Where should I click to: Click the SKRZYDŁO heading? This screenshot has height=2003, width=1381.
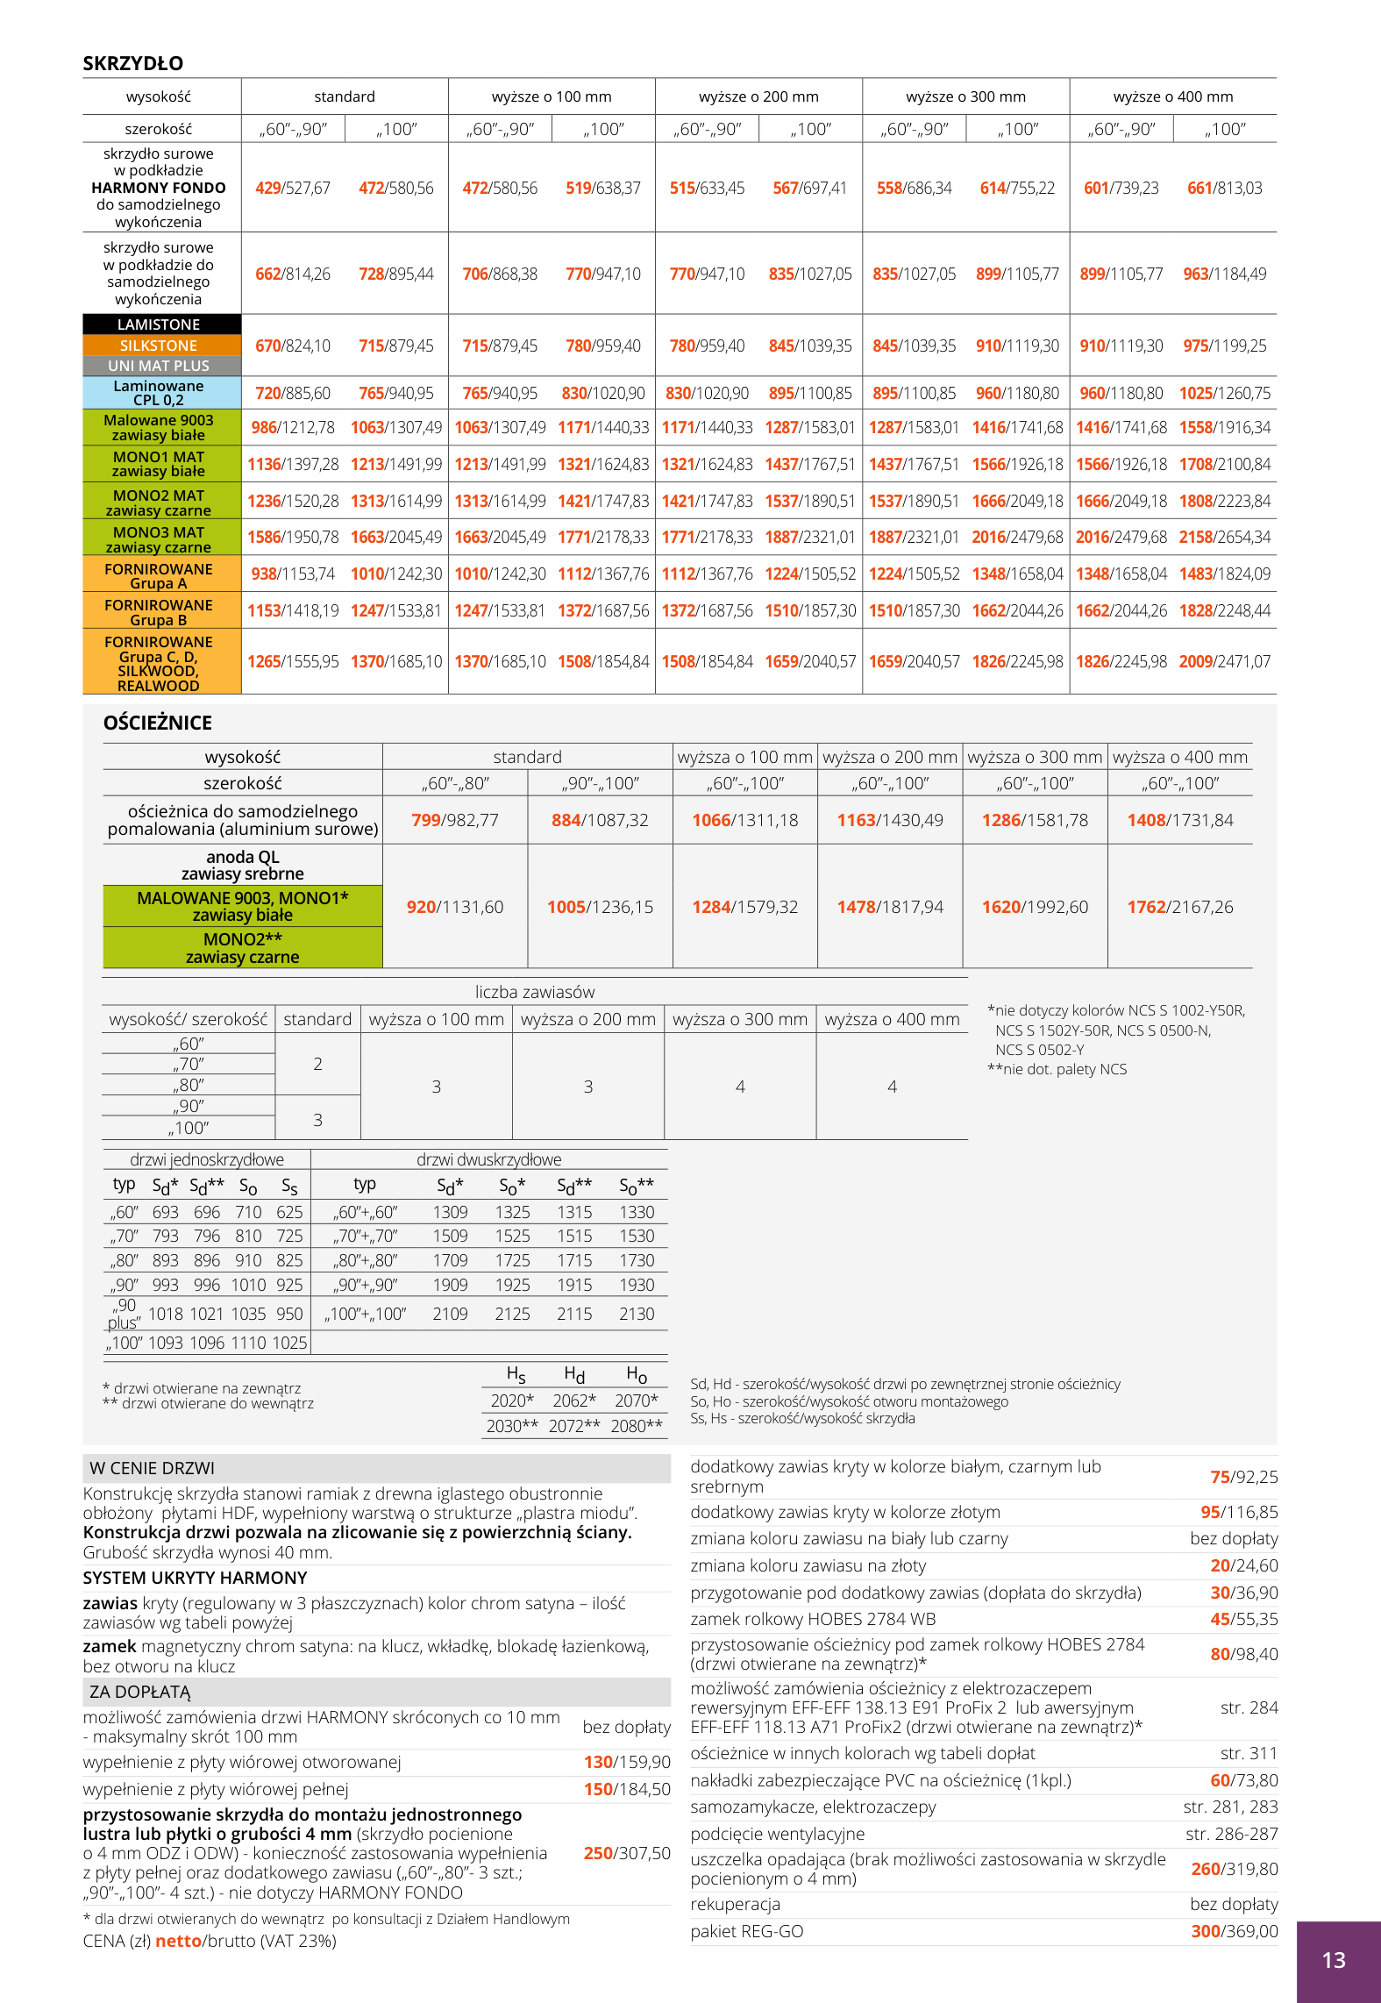click(x=133, y=63)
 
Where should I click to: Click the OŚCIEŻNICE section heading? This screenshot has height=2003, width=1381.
click(x=158, y=723)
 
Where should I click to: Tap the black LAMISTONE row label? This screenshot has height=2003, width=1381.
click(x=159, y=324)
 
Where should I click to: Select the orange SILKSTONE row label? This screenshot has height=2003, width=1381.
click(x=159, y=346)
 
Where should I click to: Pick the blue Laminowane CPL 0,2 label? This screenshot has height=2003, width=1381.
click(x=159, y=393)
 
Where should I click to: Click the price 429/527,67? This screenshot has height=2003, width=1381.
click(x=293, y=188)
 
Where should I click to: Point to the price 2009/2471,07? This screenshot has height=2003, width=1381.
click(x=1224, y=661)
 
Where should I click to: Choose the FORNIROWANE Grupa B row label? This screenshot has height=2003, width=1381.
click(x=159, y=612)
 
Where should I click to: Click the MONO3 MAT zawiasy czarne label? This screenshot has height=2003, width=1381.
click(x=159, y=538)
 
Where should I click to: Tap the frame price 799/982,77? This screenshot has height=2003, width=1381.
click(x=455, y=820)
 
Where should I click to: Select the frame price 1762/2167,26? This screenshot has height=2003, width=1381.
click(x=1180, y=907)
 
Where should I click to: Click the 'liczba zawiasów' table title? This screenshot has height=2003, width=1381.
click(x=535, y=992)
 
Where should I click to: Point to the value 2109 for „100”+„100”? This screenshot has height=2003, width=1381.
click(x=450, y=1314)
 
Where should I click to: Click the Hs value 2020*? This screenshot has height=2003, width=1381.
click(x=512, y=1401)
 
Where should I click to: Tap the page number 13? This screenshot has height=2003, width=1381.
click(x=1333, y=1960)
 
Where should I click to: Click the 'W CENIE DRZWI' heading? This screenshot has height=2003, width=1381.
click(x=152, y=1468)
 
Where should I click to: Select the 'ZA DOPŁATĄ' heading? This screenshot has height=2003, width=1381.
click(x=139, y=1692)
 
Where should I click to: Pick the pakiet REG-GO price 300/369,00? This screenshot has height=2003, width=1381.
click(x=1235, y=1931)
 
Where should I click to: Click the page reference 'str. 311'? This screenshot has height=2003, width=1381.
click(x=1249, y=1753)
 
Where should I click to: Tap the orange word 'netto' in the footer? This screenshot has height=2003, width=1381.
click(x=178, y=1941)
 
